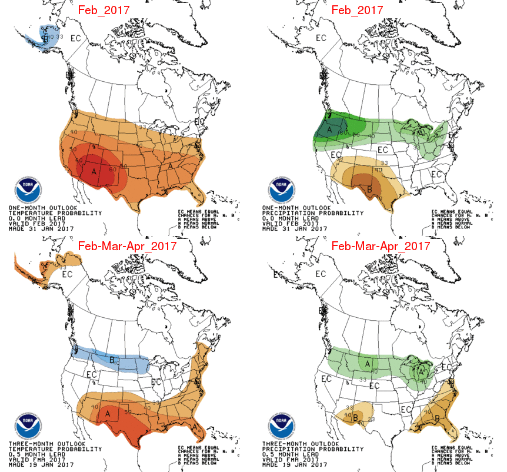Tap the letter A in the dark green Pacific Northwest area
[330, 129]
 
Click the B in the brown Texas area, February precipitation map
[369, 190]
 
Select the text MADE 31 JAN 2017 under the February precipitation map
[296, 229]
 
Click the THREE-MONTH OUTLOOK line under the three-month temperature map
[46, 443]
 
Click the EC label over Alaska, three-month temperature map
[67, 274]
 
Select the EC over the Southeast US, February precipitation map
[436, 175]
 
